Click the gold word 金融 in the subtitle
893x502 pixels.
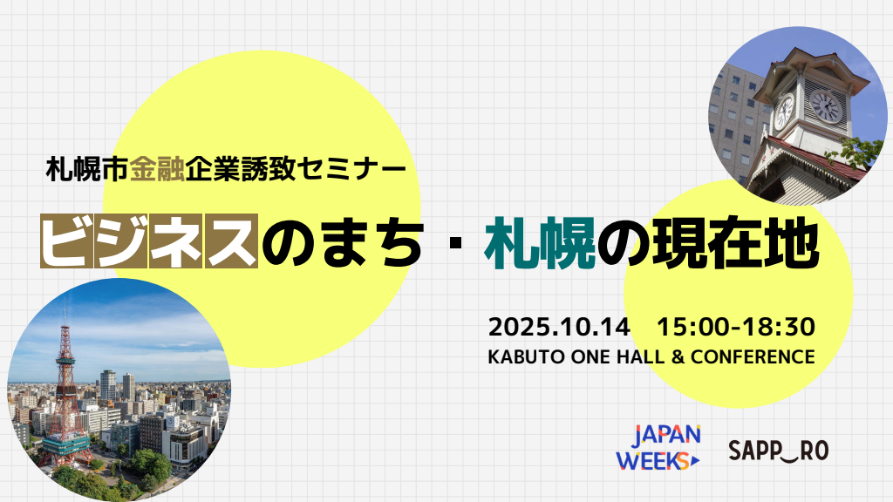tap(157, 169)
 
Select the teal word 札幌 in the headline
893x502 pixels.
tap(539, 243)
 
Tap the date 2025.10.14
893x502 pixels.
tap(559, 328)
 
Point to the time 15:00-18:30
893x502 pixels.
tap(736, 328)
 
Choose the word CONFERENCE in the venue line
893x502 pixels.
tap(753, 356)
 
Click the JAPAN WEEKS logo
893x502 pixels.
tap(658, 447)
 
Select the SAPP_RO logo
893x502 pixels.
tap(778, 451)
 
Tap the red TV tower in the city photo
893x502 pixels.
tap(65, 393)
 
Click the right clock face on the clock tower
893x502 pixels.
tap(825, 106)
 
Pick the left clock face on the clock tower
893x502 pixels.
tap(784, 111)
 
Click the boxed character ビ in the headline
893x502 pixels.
tap(66, 241)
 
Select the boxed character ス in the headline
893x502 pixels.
tap(231, 241)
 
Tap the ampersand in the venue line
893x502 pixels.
tap(677, 356)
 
